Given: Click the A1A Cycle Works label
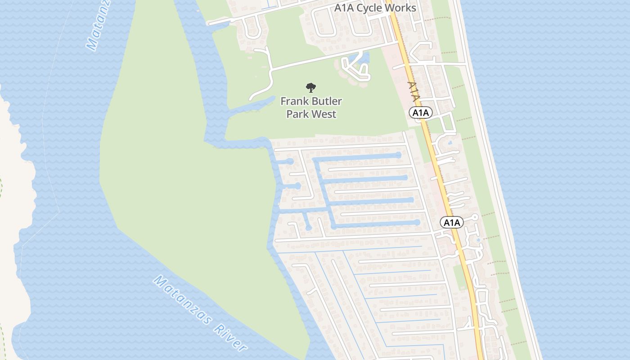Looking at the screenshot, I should (x=375, y=8).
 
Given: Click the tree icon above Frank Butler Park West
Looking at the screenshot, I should (x=310, y=87).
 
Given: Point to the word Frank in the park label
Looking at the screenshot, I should (x=294, y=101).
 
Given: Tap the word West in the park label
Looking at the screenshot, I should (x=324, y=114).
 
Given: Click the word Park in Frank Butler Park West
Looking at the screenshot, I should (x=297, y=114).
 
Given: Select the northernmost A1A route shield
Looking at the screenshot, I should (x=421, y=112).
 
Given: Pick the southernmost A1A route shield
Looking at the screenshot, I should (x=451, y=222).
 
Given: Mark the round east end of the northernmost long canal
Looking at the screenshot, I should (x=398, y=155).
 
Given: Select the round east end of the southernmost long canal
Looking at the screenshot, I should (x=417, y=222).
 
